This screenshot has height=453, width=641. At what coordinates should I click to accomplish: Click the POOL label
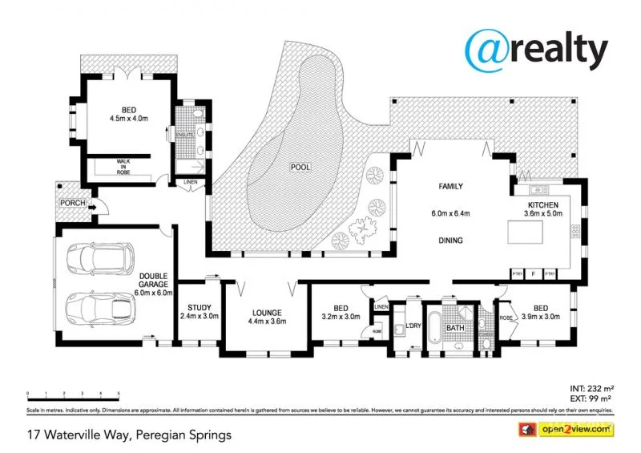pos(300,168)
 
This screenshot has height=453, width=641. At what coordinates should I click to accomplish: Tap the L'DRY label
pos(414,326)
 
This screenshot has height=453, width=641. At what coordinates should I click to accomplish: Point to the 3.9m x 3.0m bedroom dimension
pos(542,316)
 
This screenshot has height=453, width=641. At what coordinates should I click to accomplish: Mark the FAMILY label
pos(450,187)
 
